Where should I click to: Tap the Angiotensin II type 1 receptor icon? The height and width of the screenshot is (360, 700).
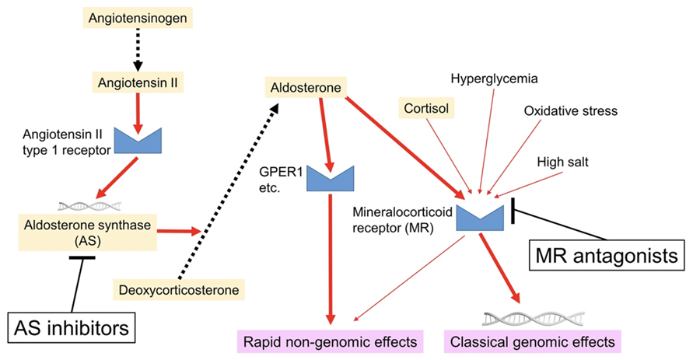pos(136,138)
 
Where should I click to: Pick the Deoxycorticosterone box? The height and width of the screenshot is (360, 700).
pos(178,290)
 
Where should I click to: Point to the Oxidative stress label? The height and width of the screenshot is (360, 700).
pos(570,111)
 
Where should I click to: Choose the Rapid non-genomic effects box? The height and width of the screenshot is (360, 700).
pos(330,341)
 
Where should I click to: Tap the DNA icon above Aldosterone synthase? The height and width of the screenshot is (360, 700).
pos(87,206)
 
